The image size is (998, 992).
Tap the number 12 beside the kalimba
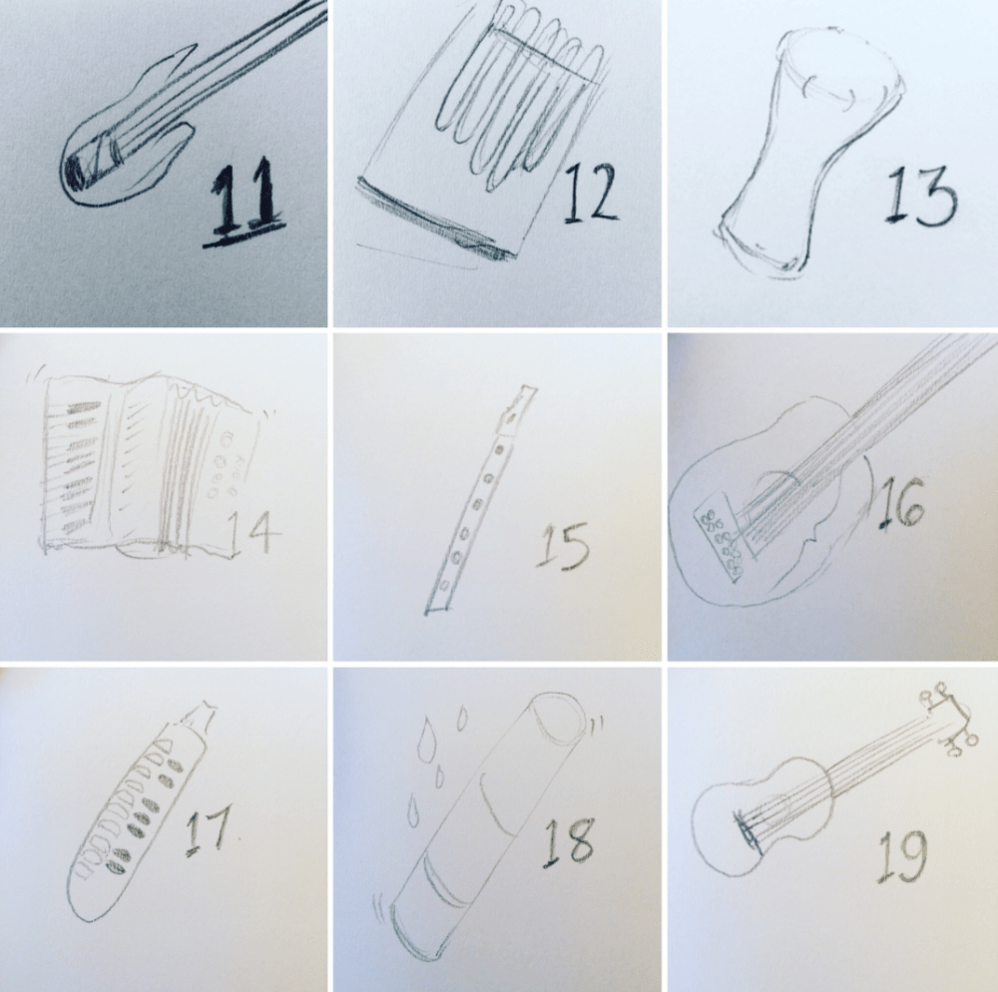click(590, 194)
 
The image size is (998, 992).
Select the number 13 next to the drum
click(920, 196)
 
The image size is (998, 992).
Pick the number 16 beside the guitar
click(900, 503)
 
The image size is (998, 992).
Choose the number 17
click(208, 830)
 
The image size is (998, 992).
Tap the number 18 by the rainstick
click(568, 841)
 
